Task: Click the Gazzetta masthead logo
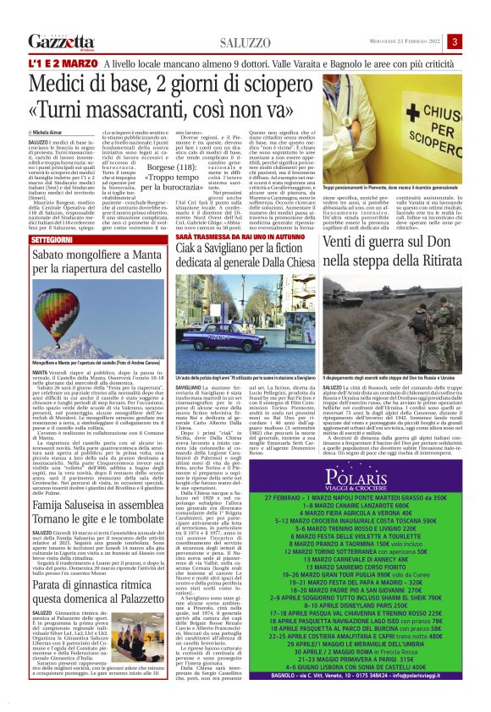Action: (60, 41)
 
